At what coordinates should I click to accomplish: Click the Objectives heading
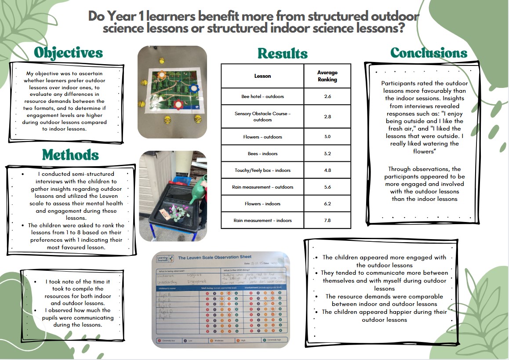point(68,53)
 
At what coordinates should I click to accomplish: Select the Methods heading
point(70,155)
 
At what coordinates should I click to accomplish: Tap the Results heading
point(282,54)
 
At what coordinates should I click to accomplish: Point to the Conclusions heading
point(429,53)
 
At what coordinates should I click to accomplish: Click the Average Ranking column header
point(327,76)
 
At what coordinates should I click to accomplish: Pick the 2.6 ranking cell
point(327,96)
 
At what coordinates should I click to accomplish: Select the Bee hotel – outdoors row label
point(263,96)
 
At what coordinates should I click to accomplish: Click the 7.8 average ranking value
point(327,220)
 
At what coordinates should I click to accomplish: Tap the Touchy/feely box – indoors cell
point(263,170)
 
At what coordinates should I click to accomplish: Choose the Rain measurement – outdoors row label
point(263,187)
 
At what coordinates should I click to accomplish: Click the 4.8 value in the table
point(327,170)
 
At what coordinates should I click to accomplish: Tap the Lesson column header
point(263,76)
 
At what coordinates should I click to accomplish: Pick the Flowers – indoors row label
point(263,204)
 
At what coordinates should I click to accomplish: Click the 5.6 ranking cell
point(327,187)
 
